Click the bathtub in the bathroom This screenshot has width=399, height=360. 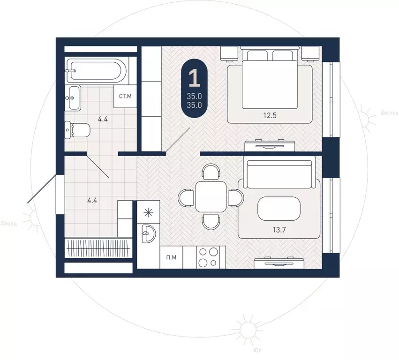point(96,70)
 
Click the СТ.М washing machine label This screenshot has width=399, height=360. point(126,96)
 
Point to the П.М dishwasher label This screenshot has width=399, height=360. point(171,257)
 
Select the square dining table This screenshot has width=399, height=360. point(211,197)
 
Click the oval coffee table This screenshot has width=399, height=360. point(279,209)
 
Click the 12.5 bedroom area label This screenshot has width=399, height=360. point(270,116)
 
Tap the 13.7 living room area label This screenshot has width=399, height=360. point(279,230)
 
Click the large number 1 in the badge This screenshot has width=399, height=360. point(195,78)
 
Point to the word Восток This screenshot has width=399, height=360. point(389,112)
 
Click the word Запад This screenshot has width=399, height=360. point(8,224)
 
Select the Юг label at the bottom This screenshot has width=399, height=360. point(257,351)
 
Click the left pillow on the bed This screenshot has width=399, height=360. point(257,56)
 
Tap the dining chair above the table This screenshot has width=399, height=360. point(211,172)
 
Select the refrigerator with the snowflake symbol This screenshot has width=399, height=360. point(148,212)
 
